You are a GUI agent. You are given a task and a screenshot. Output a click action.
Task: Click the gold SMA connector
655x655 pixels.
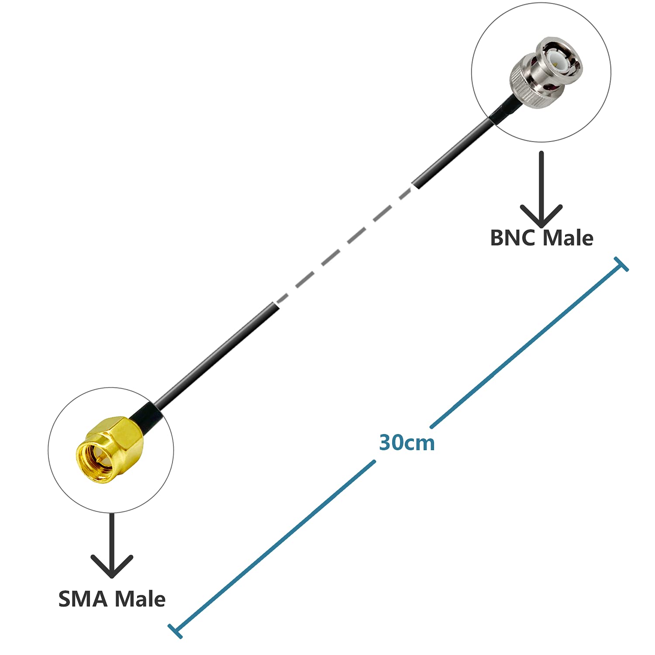109,450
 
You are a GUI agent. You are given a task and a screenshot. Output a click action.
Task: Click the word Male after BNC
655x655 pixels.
568,238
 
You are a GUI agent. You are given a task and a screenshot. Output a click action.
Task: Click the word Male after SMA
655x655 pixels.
141,599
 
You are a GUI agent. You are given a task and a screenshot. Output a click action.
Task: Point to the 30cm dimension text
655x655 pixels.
407,443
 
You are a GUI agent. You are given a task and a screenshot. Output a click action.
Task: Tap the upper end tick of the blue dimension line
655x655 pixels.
621,264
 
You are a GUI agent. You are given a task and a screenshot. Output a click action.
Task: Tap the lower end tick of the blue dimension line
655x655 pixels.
175,631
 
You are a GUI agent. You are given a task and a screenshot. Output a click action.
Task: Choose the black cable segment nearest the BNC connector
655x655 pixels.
454,153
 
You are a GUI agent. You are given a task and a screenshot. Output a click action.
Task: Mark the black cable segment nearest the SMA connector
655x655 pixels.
218,354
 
